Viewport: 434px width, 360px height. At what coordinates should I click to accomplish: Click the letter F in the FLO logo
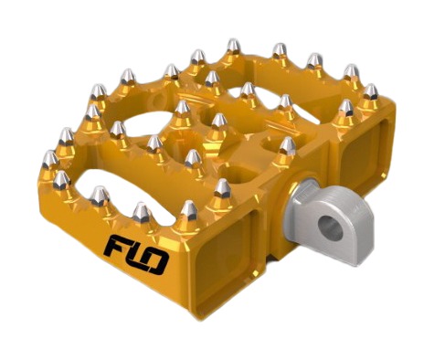118,246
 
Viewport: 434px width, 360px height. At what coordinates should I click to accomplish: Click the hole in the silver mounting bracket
330,227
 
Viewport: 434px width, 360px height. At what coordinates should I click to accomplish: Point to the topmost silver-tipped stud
234,46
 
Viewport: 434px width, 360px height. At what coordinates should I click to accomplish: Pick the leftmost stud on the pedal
50,159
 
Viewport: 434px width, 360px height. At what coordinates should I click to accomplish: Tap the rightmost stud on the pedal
371,91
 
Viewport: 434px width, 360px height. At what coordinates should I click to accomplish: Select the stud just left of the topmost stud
198,58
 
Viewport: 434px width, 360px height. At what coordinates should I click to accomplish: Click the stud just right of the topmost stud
280,50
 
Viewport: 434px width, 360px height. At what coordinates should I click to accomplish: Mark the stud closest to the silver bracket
288,146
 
